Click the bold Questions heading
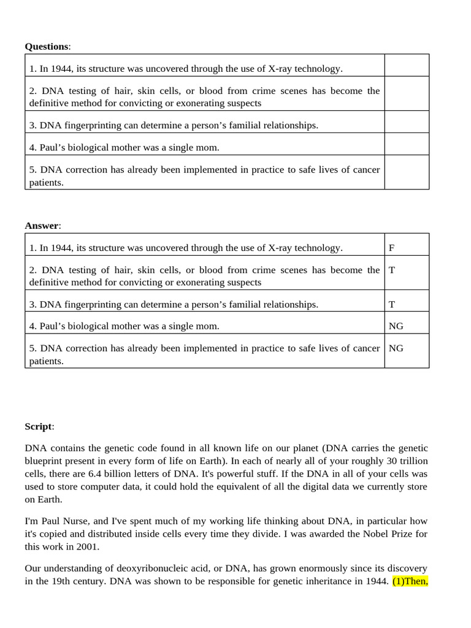47,47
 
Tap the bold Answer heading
42,226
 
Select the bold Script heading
39,426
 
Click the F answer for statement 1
392,248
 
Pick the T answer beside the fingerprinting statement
392,304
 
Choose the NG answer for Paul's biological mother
396,326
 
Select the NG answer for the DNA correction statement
396,348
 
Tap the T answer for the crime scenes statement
392,270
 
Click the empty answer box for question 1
407,66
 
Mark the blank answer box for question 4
407,144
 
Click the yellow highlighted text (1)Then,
410,581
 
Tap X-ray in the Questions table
280,69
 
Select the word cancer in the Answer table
366,348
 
